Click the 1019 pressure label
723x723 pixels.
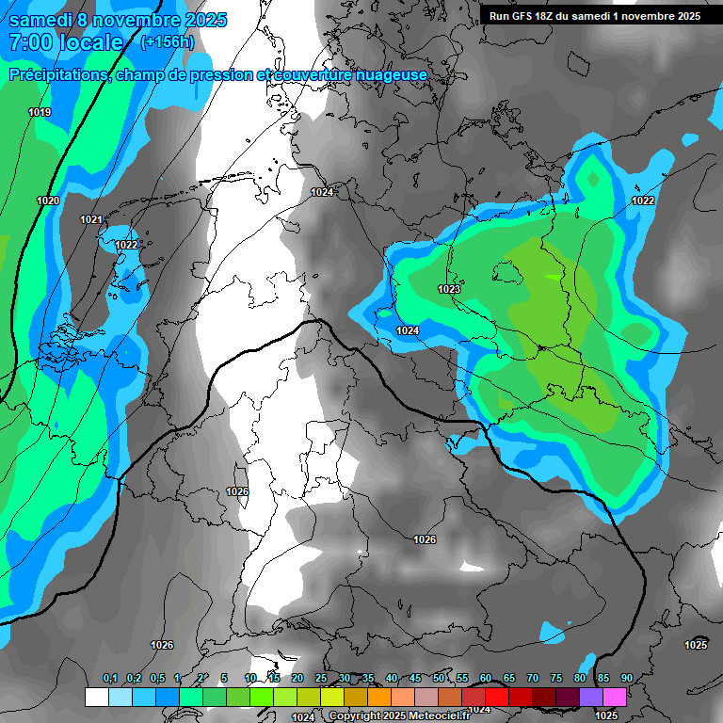[40, 113]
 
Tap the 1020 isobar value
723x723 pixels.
[48, 201]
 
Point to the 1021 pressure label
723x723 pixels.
[91, 220]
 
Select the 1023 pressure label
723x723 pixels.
[449, 289]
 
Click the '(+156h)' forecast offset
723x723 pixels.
[168, 42]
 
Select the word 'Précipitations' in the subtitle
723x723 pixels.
[58, 75]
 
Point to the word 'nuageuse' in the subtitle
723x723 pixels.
[392, 75]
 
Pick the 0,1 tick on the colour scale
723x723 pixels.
[110, 679]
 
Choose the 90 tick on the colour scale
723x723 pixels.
[627, 679]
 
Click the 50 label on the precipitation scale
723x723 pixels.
[439, 679]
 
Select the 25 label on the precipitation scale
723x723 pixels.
[321, 679]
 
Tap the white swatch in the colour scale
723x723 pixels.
[96, 697]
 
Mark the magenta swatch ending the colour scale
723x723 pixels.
[615, 697]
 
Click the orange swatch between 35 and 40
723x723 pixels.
[379, 697]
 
